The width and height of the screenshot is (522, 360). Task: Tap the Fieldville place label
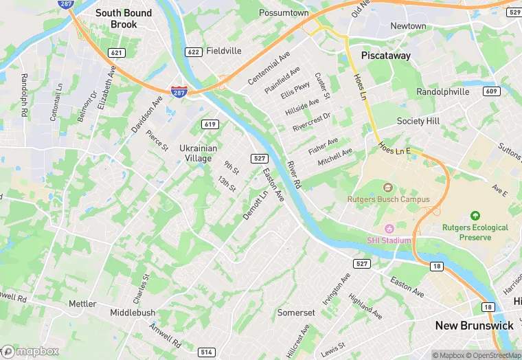[225, 51]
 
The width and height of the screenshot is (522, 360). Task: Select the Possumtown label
[284, 13]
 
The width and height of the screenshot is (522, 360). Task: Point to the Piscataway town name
[386, 56]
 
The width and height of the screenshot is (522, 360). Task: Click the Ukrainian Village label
[198, 153]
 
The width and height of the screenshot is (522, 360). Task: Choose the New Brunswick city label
[474, 325]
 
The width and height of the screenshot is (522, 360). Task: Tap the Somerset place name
[296, 313]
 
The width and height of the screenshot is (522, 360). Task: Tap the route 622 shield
[193, 52]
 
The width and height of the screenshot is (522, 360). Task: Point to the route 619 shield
[210, 124]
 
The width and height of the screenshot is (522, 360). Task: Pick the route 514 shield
[206, 352]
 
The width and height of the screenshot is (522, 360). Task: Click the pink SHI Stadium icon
[389, 229]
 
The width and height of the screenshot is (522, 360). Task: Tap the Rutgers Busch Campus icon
[387, 188]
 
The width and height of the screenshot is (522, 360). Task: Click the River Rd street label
[294, 175]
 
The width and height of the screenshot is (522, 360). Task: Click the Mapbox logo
[30, 351]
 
